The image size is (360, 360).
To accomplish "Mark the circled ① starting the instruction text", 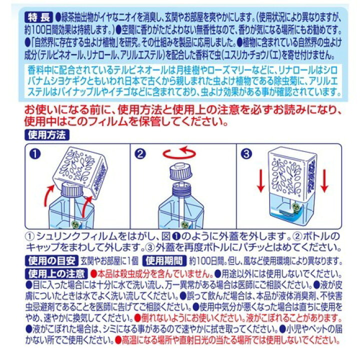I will (30, 235).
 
